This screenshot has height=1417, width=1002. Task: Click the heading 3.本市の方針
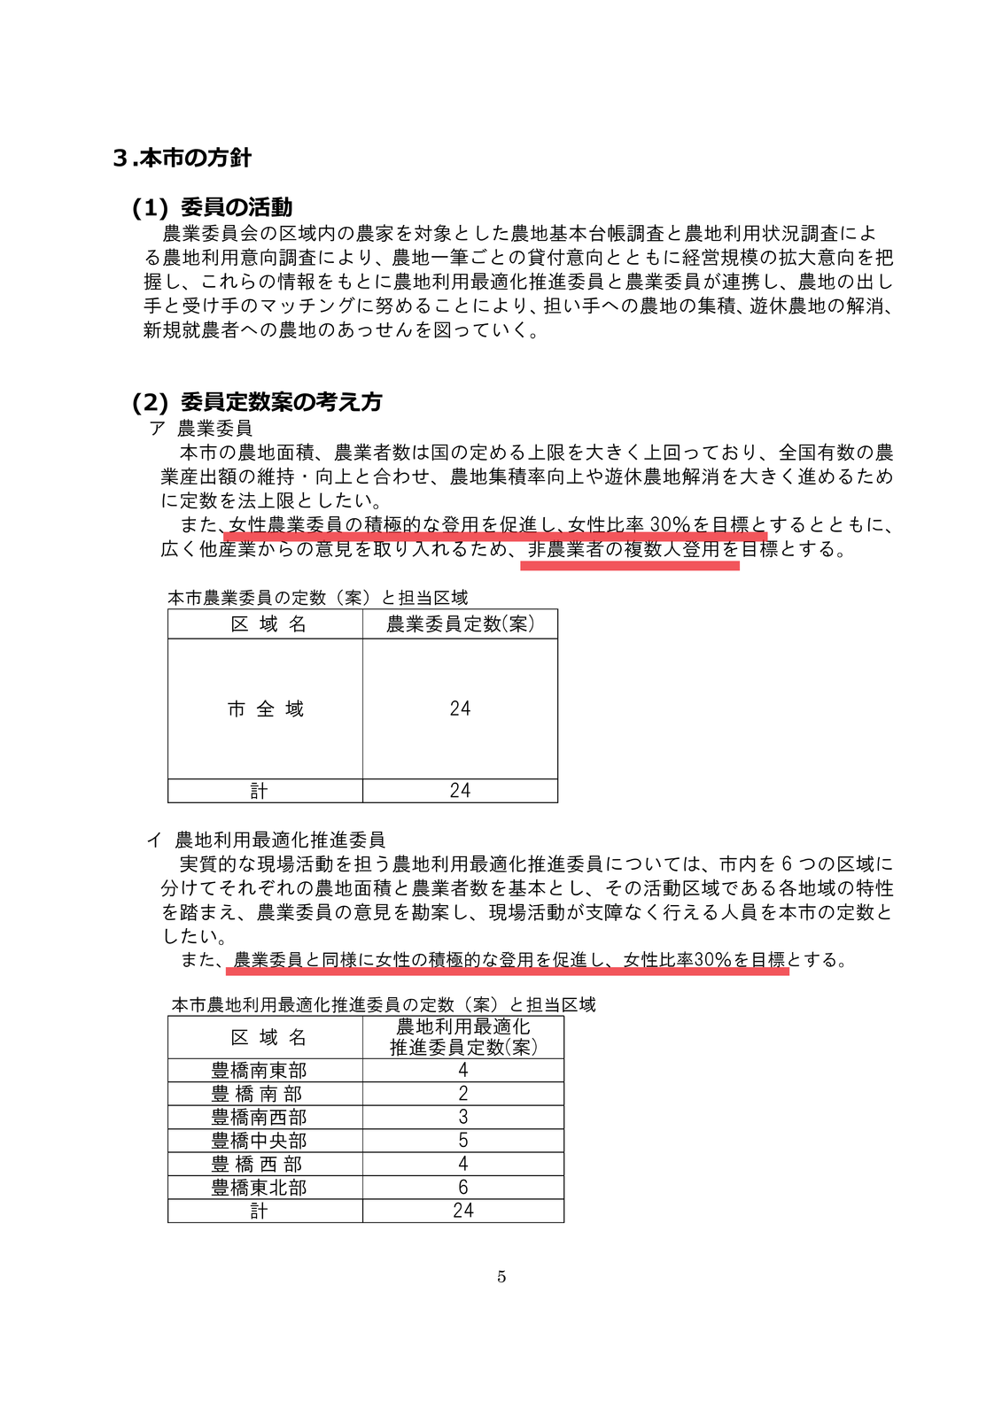click(183, 159)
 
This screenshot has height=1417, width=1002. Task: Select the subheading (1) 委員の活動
click(213, 207)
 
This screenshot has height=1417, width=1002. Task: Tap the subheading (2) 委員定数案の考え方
click(257, 402)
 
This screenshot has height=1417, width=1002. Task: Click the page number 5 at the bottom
click(501, 1276)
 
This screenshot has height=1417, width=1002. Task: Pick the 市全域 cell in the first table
click(266, 709)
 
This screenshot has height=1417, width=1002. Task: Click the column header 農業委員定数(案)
click(460, 624)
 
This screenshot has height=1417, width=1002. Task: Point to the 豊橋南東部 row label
click(259, 1071)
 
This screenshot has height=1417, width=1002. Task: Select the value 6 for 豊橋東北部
click(462, 1188)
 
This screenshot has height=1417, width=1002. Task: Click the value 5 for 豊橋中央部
click(462, 1141)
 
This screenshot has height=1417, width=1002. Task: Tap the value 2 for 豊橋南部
click(462, 1094)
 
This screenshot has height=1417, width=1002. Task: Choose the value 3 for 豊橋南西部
click(462, 1118)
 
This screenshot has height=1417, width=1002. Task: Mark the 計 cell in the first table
click(259, 791)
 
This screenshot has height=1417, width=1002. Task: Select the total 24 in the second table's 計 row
click(462, 1211)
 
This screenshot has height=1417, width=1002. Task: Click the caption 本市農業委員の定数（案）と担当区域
click(318, 598)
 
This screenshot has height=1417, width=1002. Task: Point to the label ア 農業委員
click(201, 429)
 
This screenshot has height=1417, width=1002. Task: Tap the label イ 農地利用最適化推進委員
click(266, 840)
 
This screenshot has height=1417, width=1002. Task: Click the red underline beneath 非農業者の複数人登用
click(629, 566)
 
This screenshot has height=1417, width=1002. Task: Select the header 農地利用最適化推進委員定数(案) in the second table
click(462, 1037)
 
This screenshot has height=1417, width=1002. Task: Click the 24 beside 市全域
click(460, 709)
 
